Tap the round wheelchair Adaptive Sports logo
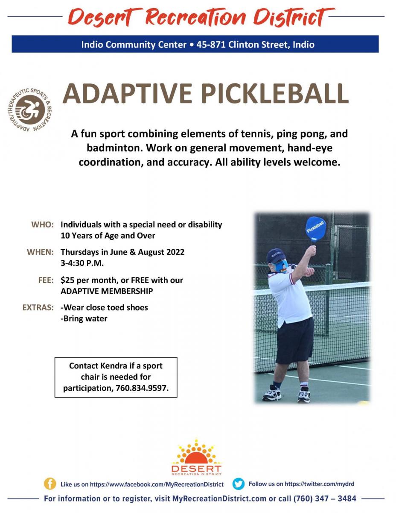tap(30, 110)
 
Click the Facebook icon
tap(49, 484)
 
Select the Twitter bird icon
tap(238, 484)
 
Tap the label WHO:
tap(43, 224)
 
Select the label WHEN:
tap(40, 252)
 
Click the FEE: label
tap(46, 280)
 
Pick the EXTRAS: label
tap(38, 308)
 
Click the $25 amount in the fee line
tap(67, 280)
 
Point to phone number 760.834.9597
tap(142, 388)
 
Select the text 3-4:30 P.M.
tap(82, 263)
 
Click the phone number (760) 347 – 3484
tap(325, 498)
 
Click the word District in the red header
tap(294, 17)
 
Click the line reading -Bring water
tap(84, 319)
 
